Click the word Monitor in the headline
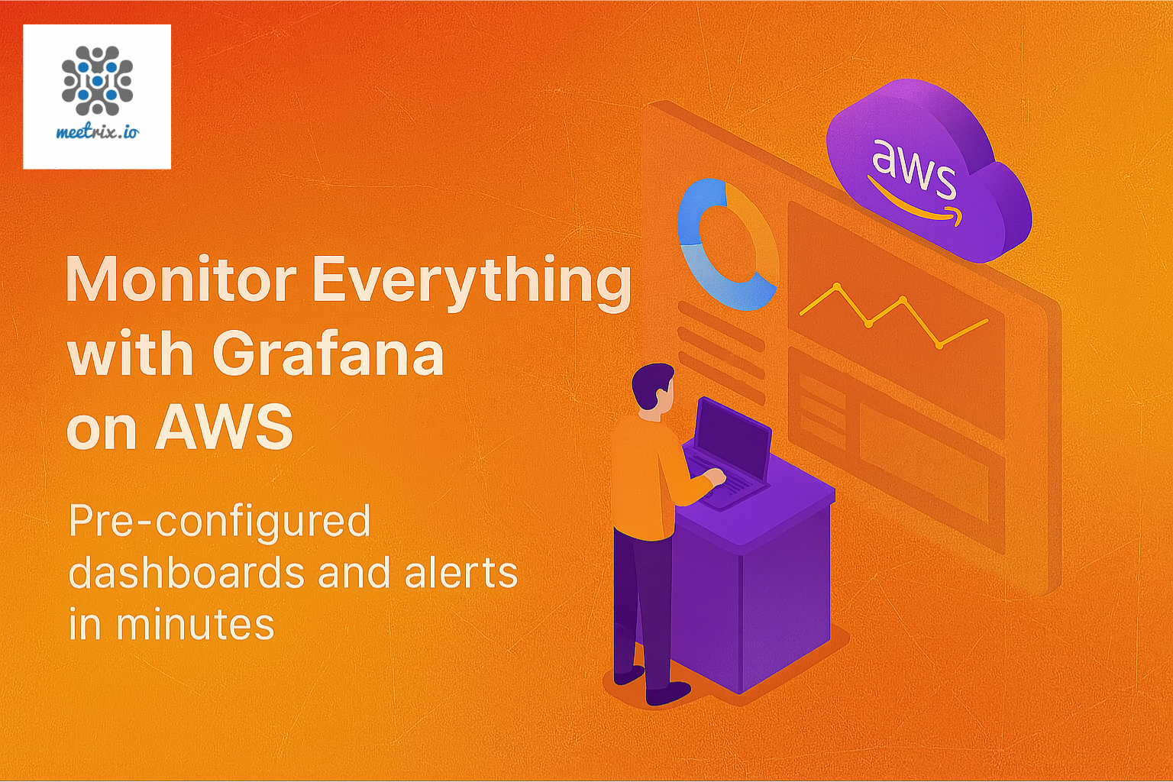tap(181, 280)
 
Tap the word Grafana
tap(328, 355)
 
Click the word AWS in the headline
tap(225, 427)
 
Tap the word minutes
tap(195, 624)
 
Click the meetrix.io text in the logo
tap(97, 132)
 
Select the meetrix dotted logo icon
tap(97, 80)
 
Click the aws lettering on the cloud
tap(913, 166)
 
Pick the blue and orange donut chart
tap(725, 244)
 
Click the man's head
tap(654, 389)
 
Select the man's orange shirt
tap(645, 477)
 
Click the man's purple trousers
tap(641, 611)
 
